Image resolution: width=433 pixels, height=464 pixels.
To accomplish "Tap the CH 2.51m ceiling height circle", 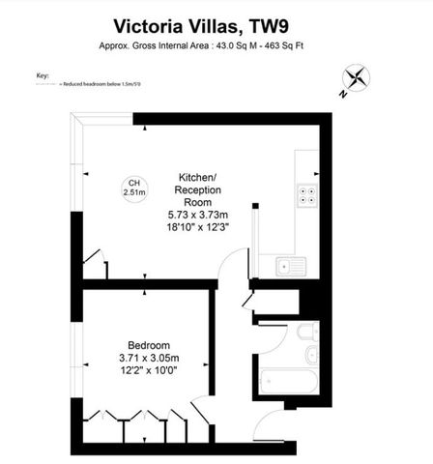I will [134, 188].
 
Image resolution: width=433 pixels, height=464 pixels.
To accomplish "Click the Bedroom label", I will [149, 345].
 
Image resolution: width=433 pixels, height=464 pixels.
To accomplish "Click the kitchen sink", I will [289, 266].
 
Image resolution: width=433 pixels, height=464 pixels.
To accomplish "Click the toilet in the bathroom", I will [303, 334].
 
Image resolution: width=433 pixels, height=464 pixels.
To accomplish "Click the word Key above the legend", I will [42, 74].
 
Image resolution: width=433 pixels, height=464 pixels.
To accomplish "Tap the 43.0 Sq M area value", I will [238, 44].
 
